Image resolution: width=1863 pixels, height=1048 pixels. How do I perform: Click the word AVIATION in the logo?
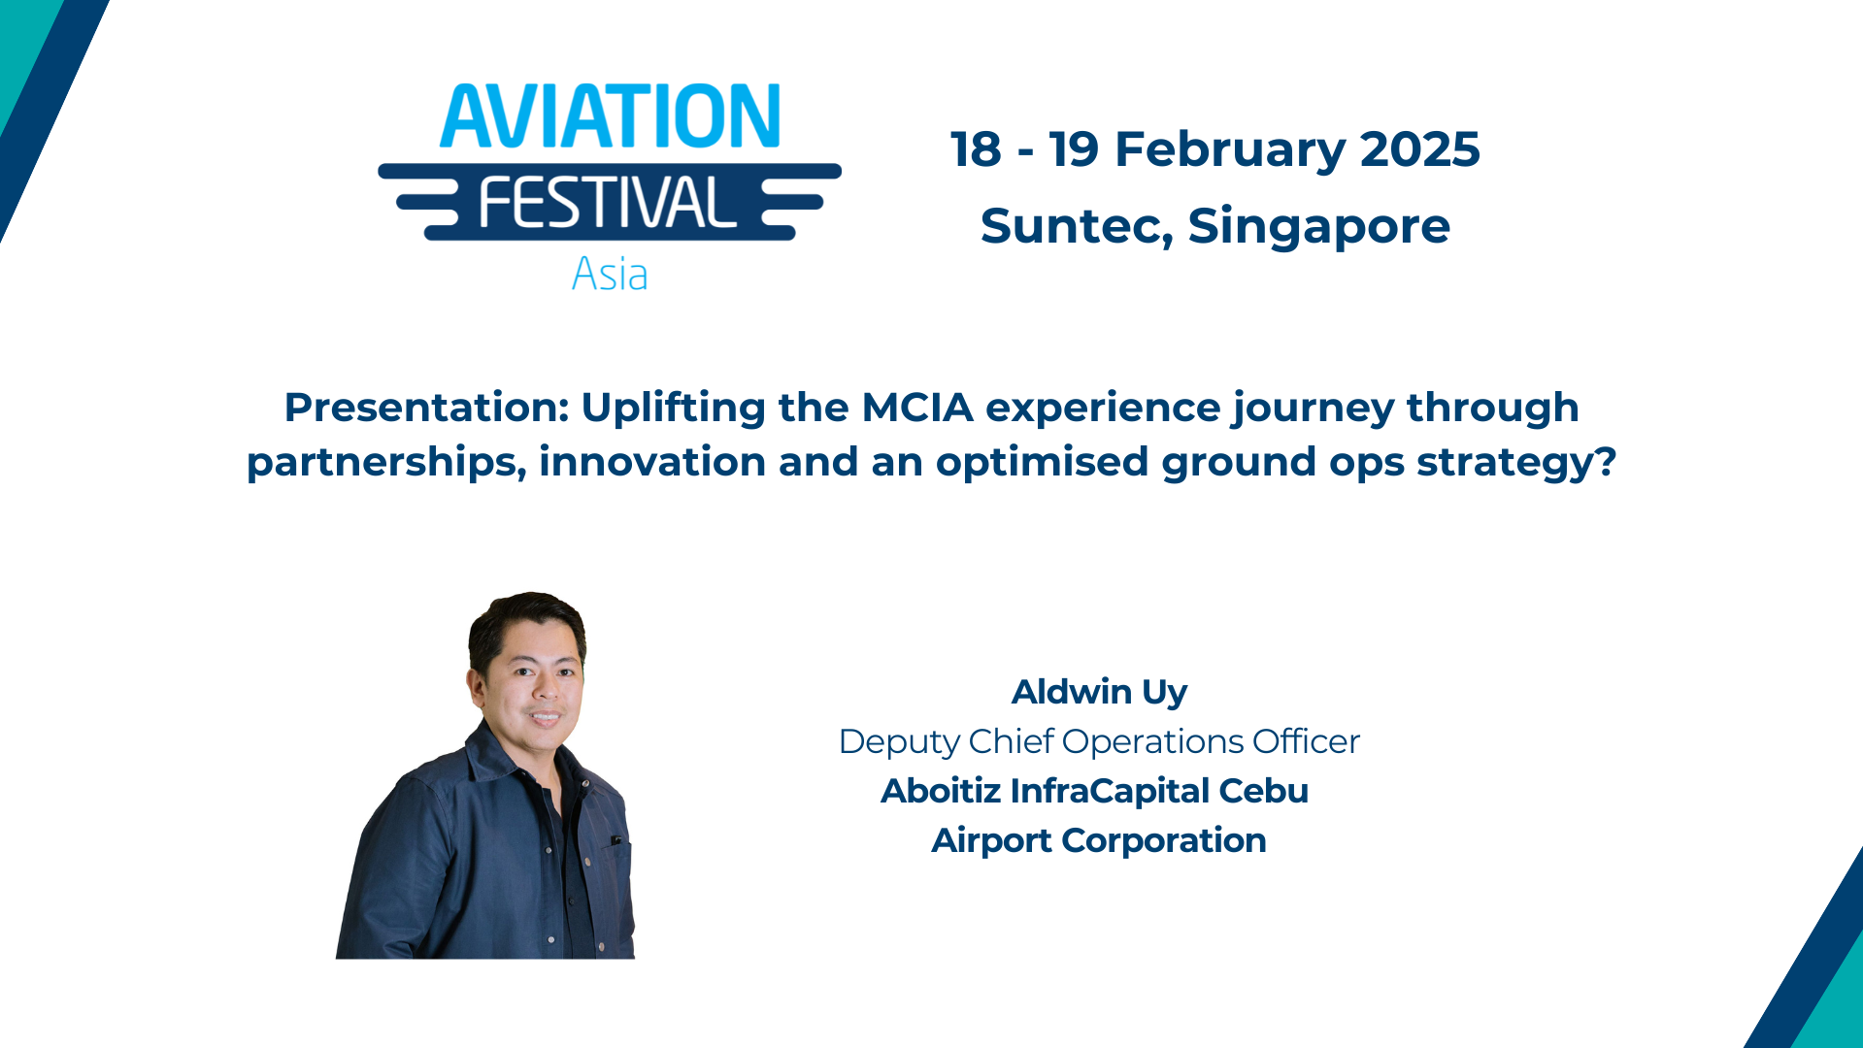coord(610,116)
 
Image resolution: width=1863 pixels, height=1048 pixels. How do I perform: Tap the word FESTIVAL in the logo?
coord(608,203)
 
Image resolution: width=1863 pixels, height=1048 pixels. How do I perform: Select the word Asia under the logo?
coord(609,274)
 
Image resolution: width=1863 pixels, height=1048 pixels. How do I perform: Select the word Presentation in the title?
coord(425,408)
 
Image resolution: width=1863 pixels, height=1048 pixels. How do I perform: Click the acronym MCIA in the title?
coord(917,408)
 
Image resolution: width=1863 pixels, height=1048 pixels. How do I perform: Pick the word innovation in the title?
coord(651,462)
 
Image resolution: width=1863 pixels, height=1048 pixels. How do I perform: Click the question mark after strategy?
coord(1606,462)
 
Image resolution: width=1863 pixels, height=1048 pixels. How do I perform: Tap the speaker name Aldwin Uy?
coord(1099,692)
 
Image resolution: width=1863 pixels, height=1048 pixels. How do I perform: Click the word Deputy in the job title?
coord(899,742)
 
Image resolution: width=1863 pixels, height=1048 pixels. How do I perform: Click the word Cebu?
coord(1263,791)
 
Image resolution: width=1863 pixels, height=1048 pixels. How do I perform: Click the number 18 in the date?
coord(976,149)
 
